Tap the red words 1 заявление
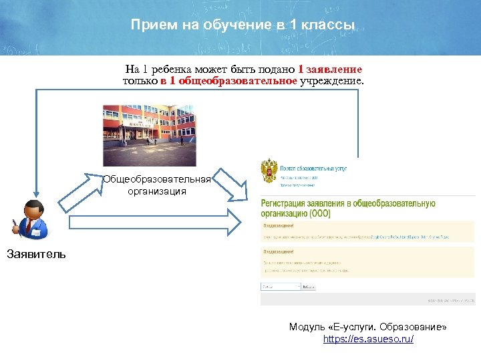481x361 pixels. click(x=330, y=69)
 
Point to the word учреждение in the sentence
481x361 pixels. click(x=332, y=80)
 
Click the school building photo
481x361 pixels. click(x=149, y=135)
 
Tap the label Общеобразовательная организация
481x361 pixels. click(x=157, y=185)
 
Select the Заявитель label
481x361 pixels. click(x=36, y=254)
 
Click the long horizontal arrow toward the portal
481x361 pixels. click(x=154, y=223)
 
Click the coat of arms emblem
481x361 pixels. click(x=269, y=171)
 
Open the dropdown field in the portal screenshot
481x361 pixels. click(x=279, y=286)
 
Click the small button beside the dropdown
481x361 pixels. click(x=308, y=286)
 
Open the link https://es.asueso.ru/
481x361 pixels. click(x=368, y=339)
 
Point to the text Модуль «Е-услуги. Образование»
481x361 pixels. click(x=368, y=327)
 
